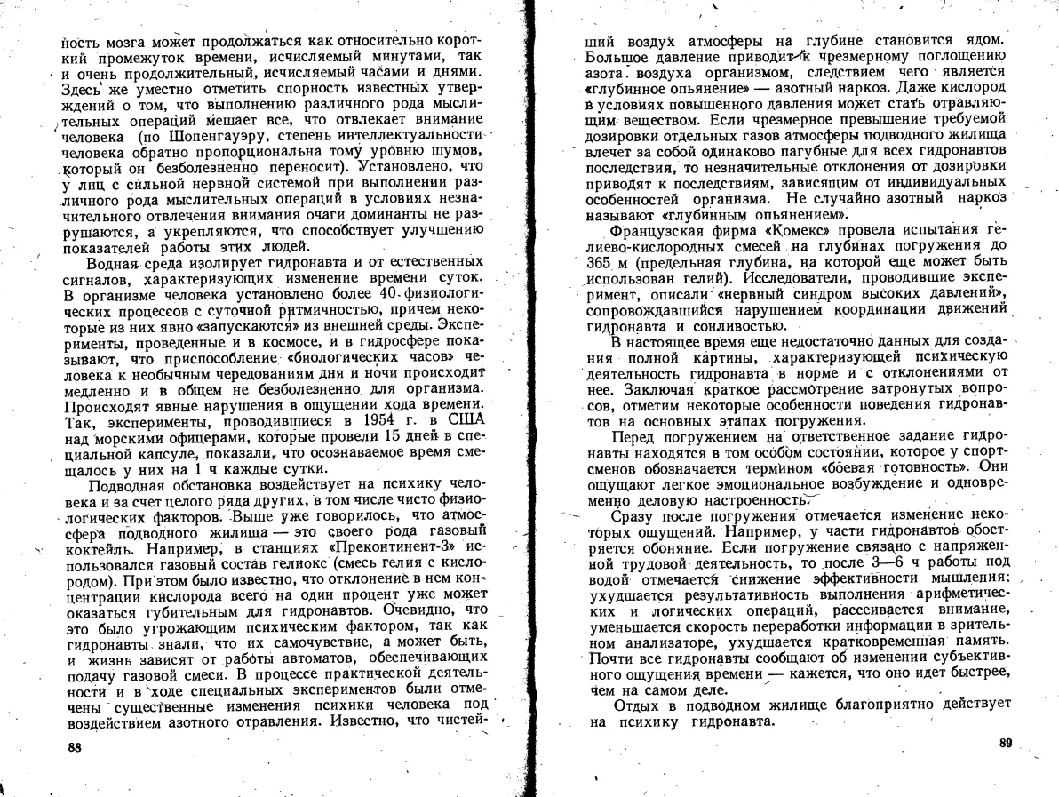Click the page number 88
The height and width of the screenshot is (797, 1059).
coord(75,748)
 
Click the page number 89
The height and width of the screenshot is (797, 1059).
coord(1006,743)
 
